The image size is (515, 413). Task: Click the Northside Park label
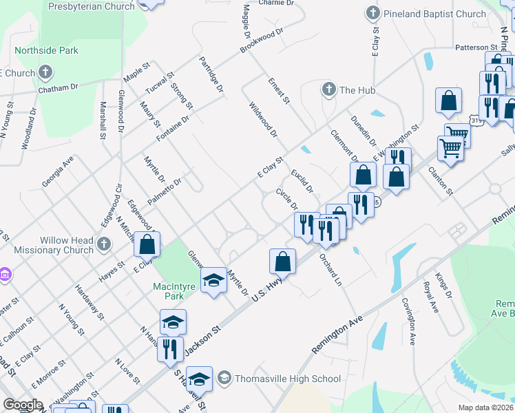47,50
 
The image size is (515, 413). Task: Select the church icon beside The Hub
328,89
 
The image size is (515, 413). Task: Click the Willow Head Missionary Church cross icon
103,244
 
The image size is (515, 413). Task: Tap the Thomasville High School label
288,379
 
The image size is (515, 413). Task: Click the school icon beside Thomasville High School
224,378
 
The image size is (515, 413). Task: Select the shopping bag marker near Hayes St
147,244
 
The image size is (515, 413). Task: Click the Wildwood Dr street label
262,118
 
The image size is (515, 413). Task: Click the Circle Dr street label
286,200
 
